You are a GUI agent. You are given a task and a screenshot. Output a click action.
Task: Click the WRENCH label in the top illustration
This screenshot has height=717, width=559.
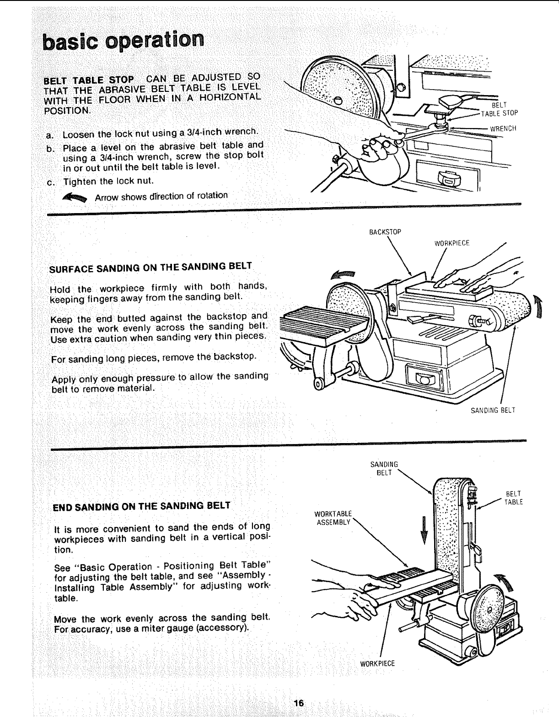coord(503,128)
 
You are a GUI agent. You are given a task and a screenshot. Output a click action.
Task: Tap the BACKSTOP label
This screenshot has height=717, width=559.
coord(385,232)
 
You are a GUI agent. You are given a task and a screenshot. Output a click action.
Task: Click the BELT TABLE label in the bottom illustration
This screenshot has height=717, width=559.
coord(513,498)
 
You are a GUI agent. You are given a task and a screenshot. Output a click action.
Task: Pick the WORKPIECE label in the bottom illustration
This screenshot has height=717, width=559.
coord(377,663)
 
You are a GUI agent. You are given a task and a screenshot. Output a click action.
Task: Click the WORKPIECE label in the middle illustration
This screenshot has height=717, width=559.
coord(451,243)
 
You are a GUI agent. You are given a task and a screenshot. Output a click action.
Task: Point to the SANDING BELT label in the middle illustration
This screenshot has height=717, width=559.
coord(493,410)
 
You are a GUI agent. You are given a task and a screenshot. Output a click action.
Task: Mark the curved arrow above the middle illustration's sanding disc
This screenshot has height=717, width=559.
coord(344,274)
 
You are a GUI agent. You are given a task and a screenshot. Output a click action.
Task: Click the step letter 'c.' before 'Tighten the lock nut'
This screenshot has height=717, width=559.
coord(51,182)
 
